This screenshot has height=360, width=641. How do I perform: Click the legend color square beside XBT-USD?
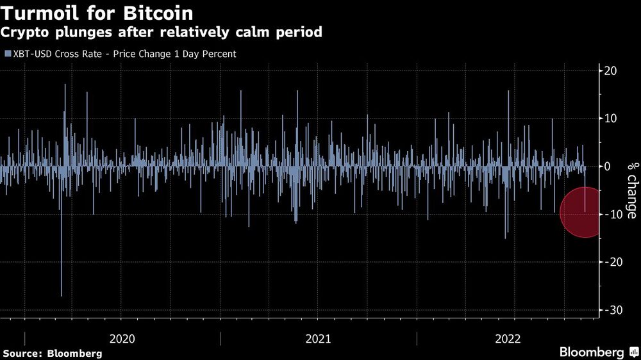click(x=8, y=54)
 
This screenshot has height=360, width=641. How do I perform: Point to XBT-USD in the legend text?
click(x=31, y=54)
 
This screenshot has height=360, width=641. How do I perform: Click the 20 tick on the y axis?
click(x=610, y=71)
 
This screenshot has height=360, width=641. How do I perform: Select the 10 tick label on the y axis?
click(x=610, y=119)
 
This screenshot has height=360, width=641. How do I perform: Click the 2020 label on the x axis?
click(x=122, y=338)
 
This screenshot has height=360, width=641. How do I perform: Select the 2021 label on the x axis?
click(x=318, y=338)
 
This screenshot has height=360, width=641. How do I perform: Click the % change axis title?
click(x=631, y=190)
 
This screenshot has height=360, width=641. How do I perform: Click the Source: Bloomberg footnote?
click(x=53, y=353)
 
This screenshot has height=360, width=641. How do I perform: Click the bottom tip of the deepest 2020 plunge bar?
click(x=62, y=296)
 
